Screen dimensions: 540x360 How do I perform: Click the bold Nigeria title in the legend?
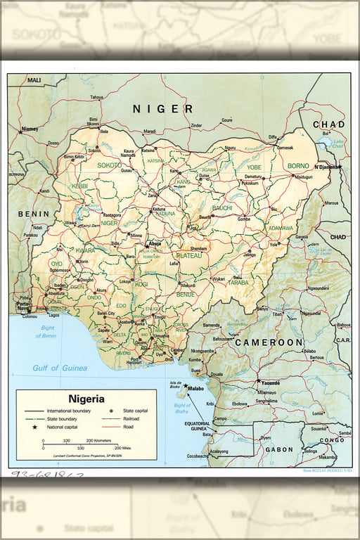pos(86,398)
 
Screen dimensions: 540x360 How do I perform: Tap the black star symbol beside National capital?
pos(33,427)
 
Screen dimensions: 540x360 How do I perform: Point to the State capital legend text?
pos(137,410)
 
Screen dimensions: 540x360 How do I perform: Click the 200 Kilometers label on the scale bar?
pos(99,441)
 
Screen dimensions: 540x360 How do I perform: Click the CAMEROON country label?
pos(269,342)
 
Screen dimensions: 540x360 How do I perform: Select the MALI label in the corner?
pos(34,81)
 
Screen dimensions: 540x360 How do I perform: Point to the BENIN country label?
pos(34,214)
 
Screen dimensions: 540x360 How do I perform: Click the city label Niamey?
pos(30,129)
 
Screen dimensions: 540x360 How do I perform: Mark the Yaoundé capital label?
pos(269,383)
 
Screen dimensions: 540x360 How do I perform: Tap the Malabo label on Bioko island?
pos(195,387)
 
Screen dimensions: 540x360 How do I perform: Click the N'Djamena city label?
pos(327,167)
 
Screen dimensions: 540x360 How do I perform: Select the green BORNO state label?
pos(298,166)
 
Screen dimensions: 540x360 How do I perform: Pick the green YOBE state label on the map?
pos(254,167)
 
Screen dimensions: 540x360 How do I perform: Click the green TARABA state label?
pos(238,283)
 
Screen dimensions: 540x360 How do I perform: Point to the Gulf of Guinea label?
pos(59,368)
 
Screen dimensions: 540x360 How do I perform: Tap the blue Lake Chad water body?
pos(324,146)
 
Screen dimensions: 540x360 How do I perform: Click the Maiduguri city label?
pos(303,177)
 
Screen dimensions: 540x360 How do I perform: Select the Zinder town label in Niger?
pos(196,127)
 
